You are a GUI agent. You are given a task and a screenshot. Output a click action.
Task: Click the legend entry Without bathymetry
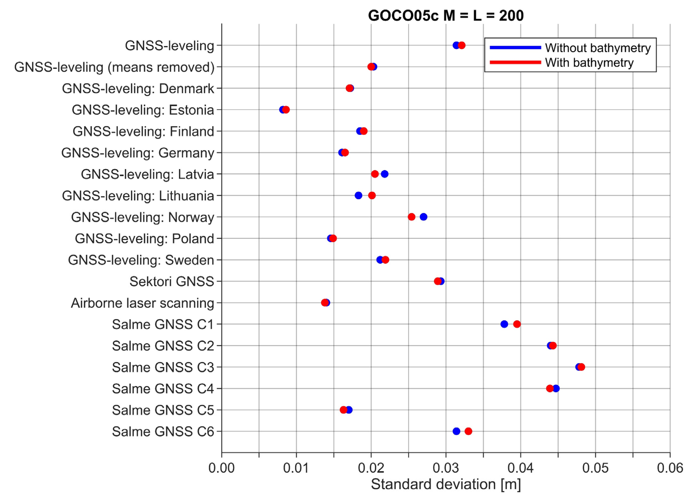click(x=598, y=48)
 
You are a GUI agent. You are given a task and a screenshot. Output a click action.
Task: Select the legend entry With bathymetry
click(x=589, y=63)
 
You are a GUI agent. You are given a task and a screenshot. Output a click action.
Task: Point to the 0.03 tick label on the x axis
click(x=446, y=468)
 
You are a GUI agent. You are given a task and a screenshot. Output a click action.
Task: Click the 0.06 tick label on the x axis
click(x=670, y=468)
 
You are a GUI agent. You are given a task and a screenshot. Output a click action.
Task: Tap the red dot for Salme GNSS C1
click(x=517, y=324)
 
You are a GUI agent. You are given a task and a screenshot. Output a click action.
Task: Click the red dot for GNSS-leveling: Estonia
click(x=286, y=110)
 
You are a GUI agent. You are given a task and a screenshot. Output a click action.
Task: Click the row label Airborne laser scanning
click(x=142, y=303)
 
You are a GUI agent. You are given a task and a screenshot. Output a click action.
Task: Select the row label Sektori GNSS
click(x=172, y=282)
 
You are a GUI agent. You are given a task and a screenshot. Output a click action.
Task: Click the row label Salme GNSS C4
click(x=163, y=389)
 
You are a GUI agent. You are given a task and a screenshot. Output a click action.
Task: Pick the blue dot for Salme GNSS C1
click(x=504, y=324)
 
